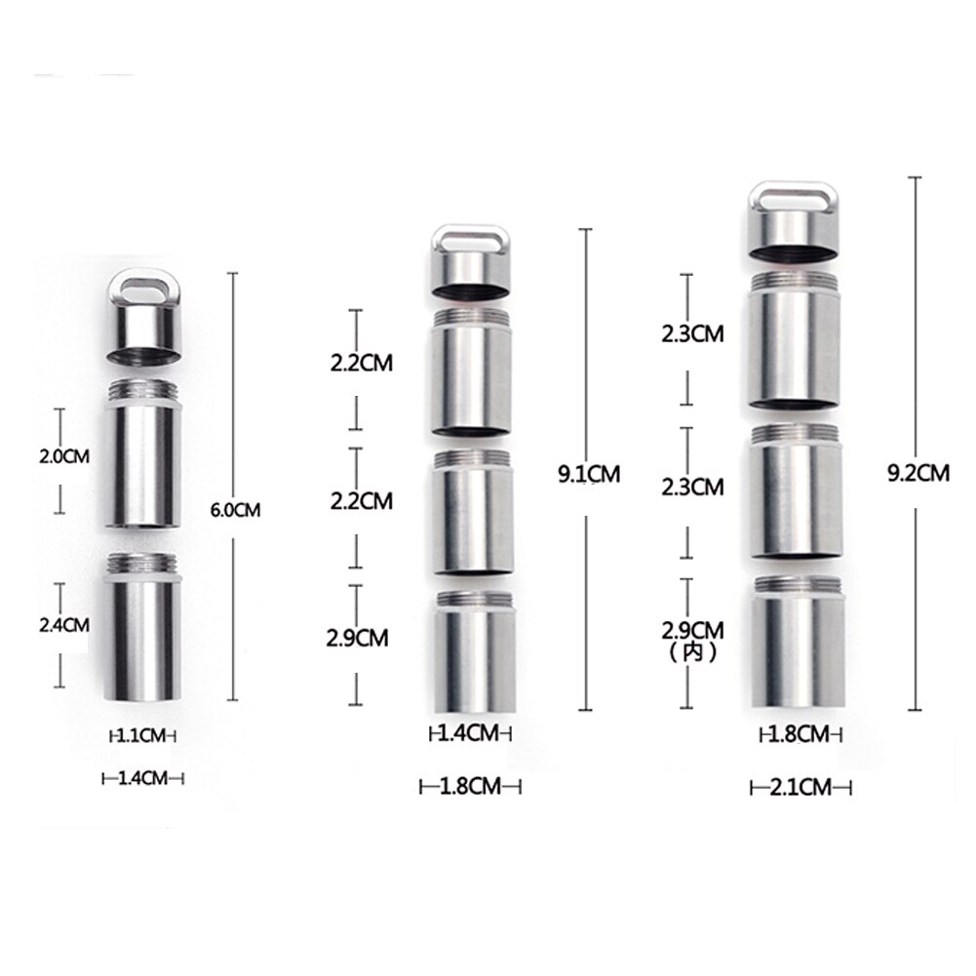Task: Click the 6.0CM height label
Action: click(235, 509)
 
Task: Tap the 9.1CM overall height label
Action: click(589, 475)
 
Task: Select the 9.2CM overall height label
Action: click(917, 473)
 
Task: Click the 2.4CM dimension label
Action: click(62, 624)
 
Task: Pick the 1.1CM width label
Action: click(142, 736)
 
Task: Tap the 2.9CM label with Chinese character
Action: click(691, 629)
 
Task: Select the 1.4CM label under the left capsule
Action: click(143, 777)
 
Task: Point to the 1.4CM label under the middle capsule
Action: click(470, 733)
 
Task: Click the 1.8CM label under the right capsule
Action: click(799, 734)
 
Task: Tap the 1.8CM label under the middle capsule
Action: click(470, 786)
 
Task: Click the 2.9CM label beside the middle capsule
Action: click(358, 639)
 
